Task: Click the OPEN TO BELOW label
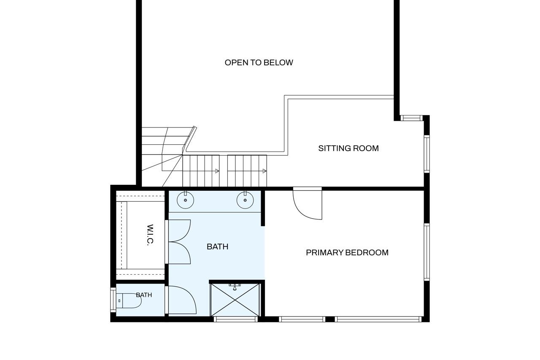pos(259,63)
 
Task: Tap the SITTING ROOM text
pos(348,148)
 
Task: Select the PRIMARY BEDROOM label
pos(347,253)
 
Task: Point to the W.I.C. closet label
pos(150,235)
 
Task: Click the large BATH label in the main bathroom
pos(217,246)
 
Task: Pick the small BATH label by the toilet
pos(144,295)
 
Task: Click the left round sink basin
pos(185,200)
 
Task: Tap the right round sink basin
pos(245,200)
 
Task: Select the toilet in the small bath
pos(129,300)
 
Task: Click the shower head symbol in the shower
pos(235,287)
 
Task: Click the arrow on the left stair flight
pos(217,171)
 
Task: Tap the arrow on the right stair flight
pos(265,171)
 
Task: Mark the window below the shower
pos(236,319)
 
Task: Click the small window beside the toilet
pos(113,300)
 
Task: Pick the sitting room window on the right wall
pos(427,154)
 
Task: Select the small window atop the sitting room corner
pos(412,118)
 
